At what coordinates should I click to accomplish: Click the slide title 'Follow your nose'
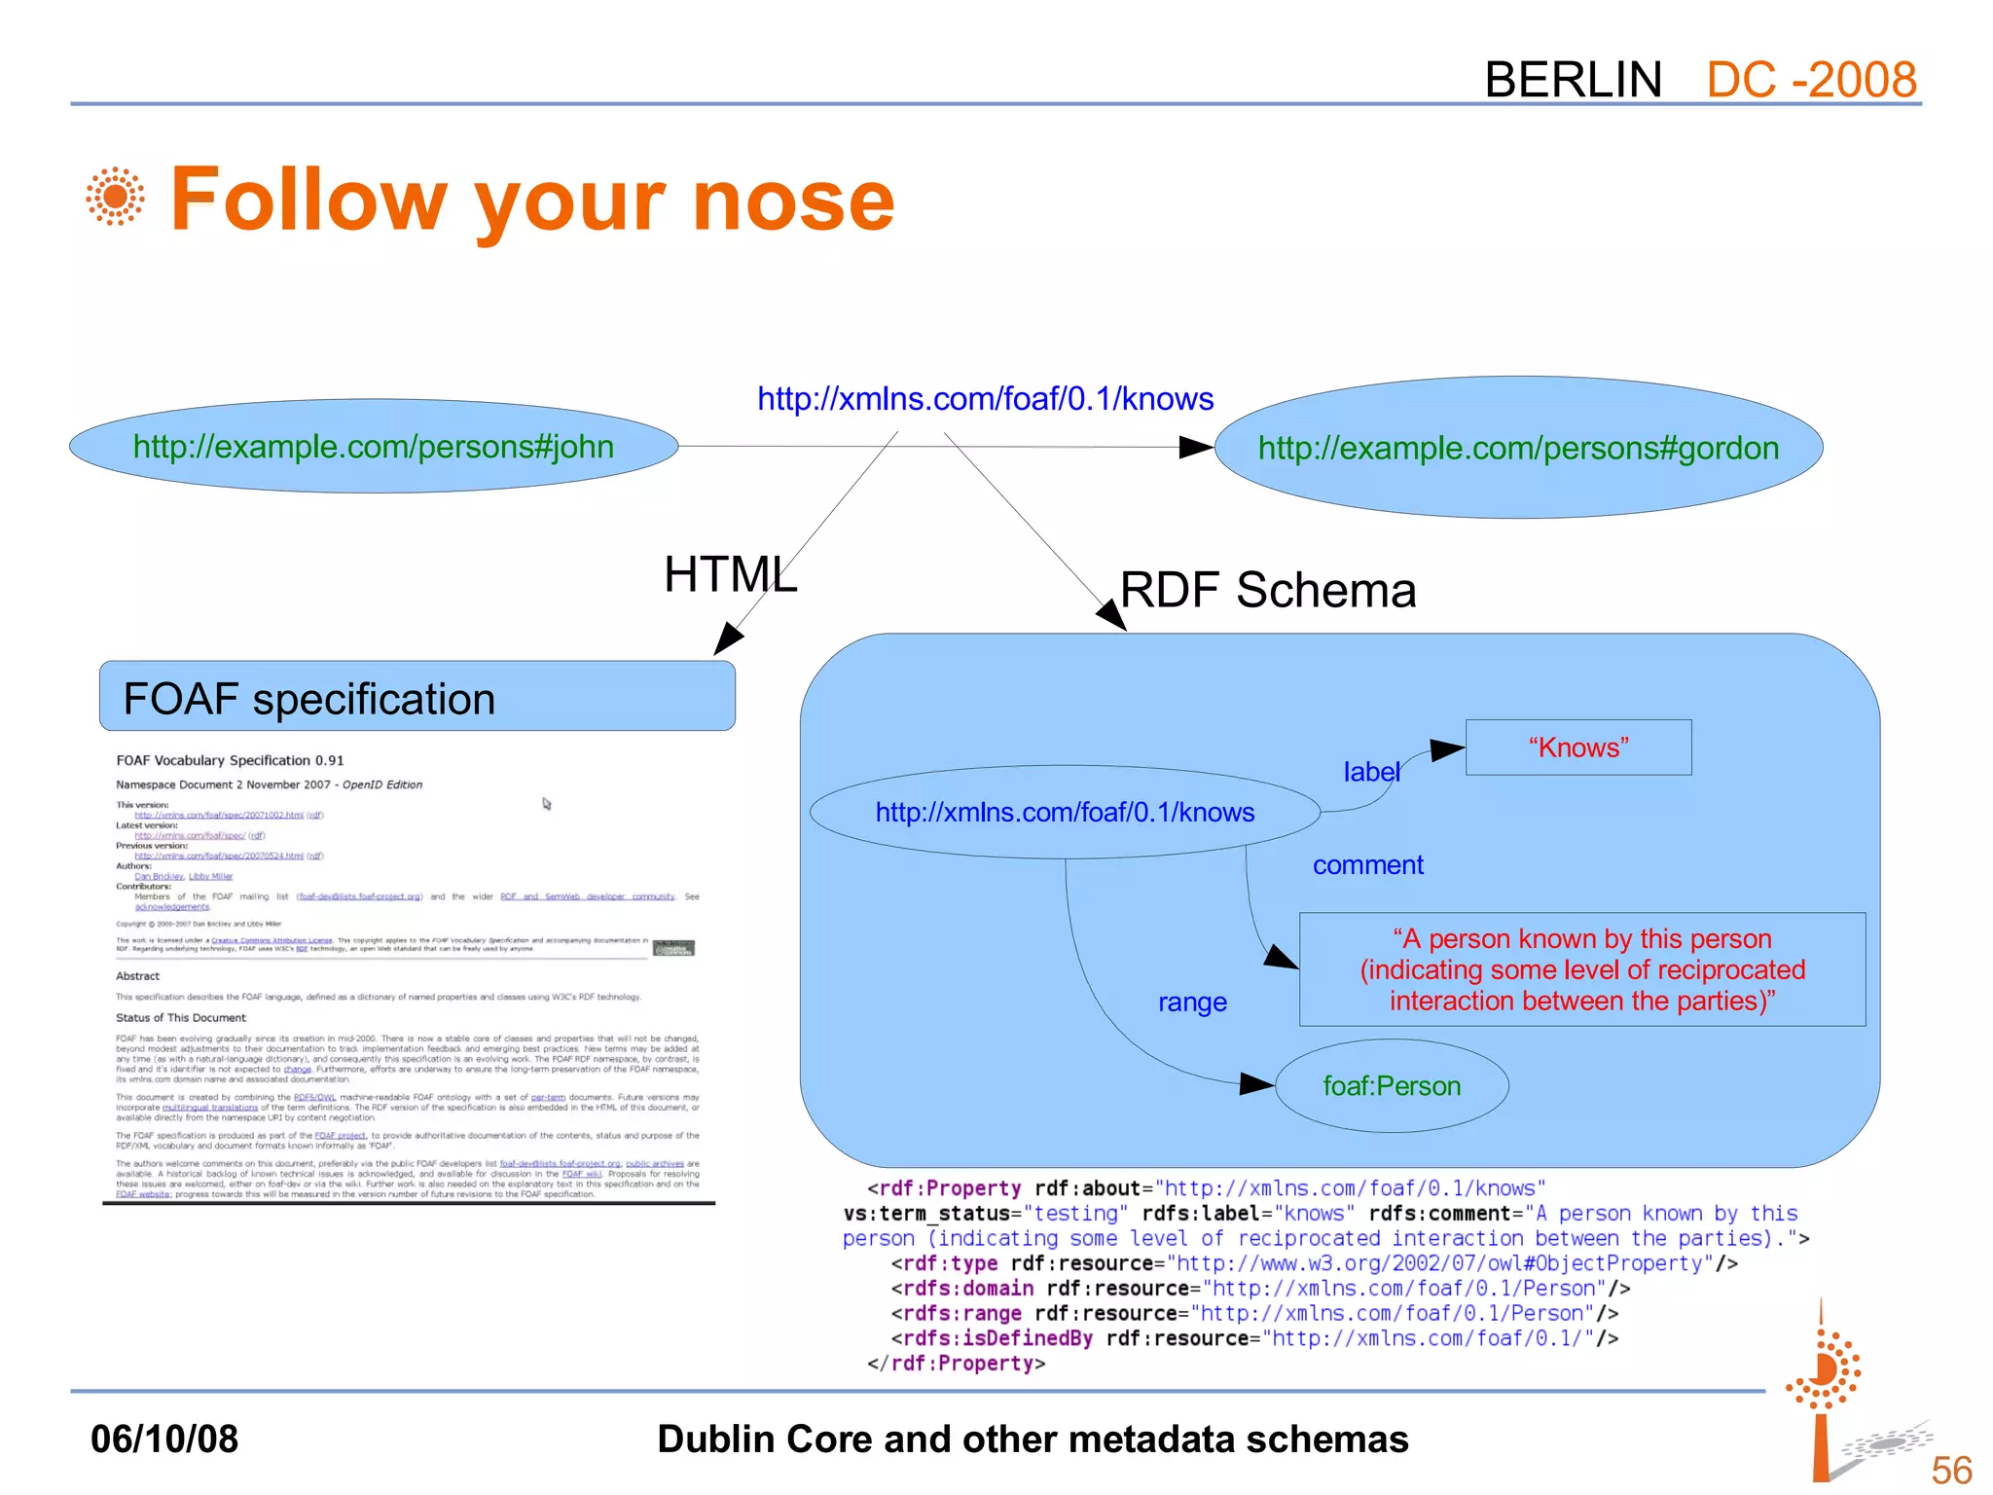tap(531, 200)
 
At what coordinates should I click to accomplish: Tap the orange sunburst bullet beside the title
tap(115, 197)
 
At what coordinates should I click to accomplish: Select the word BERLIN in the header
tap(1573, 80)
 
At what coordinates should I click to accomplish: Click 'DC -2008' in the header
tap(1811, 80)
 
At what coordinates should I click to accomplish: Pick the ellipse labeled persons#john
tap(374, 447)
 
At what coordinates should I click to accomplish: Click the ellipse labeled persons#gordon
tap(1518, 449)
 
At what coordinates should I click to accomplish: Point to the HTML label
tap(730, 574)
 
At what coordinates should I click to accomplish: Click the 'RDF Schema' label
tap(1268, 591)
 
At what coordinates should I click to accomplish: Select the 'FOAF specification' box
tap(417, 698)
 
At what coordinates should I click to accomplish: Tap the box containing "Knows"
tap(1577, 747)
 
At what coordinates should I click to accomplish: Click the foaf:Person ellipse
tap(1392, 1086)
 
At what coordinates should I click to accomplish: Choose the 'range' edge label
tap(1192, 1003)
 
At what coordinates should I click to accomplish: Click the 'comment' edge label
tap(1367, 865)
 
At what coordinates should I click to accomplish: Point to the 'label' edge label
tap(1371, 772)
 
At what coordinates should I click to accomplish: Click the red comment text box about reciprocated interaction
tap(1581, 969)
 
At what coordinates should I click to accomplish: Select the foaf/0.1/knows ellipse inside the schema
tap(1065, 813)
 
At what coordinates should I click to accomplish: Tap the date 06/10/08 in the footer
tap(164, 1440)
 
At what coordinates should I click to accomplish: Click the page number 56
tap(1951, 1470)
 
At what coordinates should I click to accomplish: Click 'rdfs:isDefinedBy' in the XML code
tap(998, 1338)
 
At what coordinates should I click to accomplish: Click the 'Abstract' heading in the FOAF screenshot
tap(137, 976)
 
